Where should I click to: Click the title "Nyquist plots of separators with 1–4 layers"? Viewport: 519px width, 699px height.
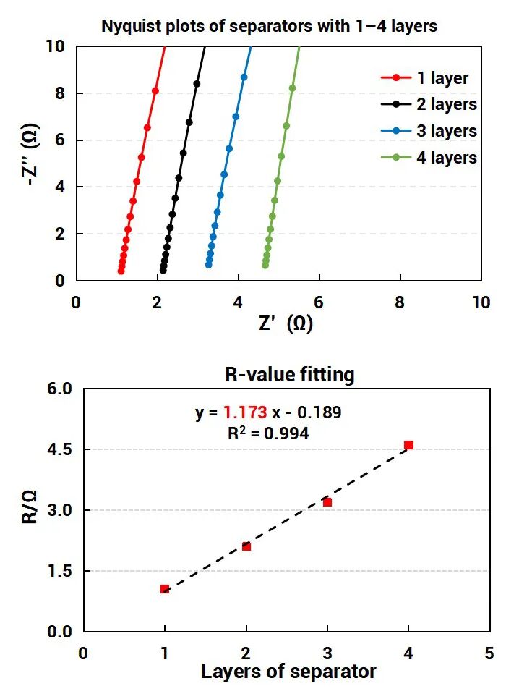269,27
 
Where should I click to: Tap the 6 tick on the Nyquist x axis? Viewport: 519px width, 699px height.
319,302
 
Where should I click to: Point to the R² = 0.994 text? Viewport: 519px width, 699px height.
268,433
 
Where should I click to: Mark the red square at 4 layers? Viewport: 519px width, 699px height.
409,445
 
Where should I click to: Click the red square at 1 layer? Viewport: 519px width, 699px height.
165,589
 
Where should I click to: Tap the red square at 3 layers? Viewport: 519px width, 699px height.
327,502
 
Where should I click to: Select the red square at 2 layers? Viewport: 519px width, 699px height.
246,546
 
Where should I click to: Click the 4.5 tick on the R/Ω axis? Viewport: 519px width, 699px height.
61,449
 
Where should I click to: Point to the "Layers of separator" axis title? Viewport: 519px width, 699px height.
288,672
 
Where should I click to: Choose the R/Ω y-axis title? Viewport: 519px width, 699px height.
30,509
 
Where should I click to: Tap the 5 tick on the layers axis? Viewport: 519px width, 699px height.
489,652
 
